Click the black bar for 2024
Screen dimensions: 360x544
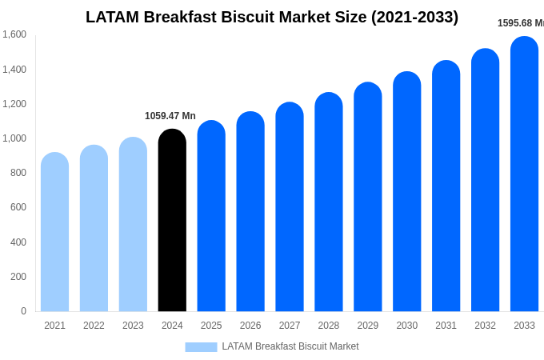pyautogui.click(x=172, y=221)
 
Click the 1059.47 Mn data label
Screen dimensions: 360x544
pyautogui.click(x=170, y=116)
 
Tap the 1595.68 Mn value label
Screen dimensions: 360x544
pyautogui.click(x=520, y=23)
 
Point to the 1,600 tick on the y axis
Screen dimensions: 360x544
pyautogui.click(x=14, y=34)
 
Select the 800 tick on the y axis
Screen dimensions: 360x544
pyautogui.click(x=18, y=173)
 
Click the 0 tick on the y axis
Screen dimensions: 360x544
pyautogui.click(x=23, y=311)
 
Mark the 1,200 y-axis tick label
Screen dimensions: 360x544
pyautogui.click(x=14, y=104)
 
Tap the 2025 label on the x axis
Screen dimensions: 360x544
pyautogui.click(x=211, y=326)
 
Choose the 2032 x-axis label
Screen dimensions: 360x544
pyautogui.click(x=485, y=326)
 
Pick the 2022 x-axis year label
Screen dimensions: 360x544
pyautogui.click(x=94, y=326)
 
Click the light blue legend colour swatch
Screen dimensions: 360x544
pyautogui.click(x=201, y=347)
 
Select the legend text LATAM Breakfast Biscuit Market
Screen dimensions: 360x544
pyautogui.click(x=290, y=346)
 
